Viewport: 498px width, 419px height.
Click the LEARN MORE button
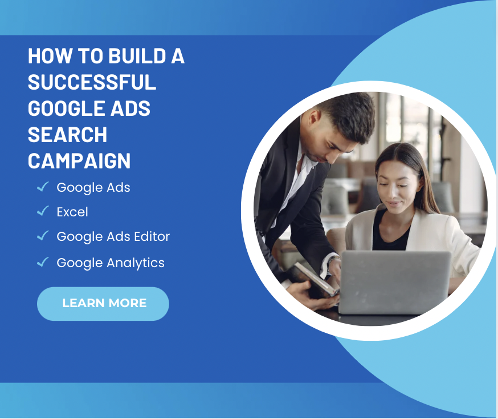[103, 304]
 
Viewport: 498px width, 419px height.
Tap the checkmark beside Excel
[43, 211]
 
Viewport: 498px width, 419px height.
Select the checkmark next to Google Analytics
[43, 262]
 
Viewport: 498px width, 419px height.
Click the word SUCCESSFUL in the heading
[92, 82]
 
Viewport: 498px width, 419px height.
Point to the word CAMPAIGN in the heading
[79, 160]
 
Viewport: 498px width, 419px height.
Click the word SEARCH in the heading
[67, 135]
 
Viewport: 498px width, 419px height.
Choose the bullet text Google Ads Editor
[113, 236]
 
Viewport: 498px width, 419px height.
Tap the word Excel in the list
[72, 212]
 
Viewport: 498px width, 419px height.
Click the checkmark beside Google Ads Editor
[43, 236]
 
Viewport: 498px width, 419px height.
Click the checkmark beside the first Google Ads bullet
[43, 187]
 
